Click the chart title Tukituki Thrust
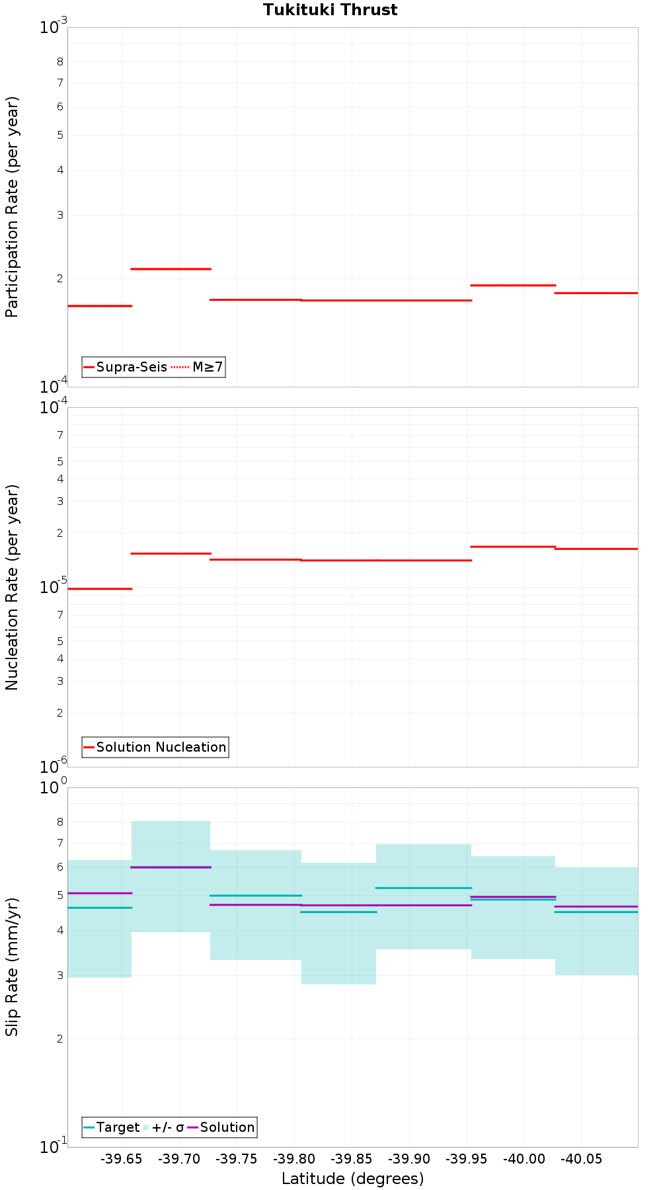(x=330, y=10)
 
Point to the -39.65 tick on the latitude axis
(x=122, y=1160)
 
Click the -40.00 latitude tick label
(x=524, y=1160)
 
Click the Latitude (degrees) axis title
(x=352, y=1179)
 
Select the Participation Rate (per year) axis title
(x=12, y=207)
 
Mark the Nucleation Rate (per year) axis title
(x=12, y=587)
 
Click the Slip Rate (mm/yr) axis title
(x=12, y=967)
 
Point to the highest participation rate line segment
(x=171, y=269)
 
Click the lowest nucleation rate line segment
(x=100, y=588)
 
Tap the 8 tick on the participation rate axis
(x=60, y=62)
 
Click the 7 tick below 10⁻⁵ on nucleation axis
(x=60, y=615)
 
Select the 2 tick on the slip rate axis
(x=60, y=1039)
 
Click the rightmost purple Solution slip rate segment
(x=596, y=906)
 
